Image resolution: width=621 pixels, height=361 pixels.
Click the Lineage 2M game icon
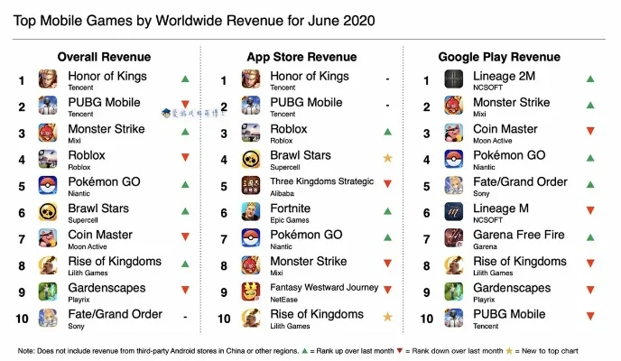(453, 80)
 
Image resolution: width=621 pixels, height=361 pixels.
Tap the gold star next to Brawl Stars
(387, 159)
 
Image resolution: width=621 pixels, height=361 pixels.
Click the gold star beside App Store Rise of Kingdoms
(387, 318)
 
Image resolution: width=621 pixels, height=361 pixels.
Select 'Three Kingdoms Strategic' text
(321, 182)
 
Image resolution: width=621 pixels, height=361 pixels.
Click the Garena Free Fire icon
(453, 238)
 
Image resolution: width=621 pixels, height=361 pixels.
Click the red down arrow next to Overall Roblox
(185, 159)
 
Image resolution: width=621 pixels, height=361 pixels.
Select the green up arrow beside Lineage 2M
(589, 79)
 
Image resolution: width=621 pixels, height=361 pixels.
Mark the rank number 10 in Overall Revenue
(21, 318)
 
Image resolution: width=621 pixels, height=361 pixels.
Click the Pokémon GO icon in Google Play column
(453, 160)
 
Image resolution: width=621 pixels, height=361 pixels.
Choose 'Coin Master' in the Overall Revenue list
(100, 235)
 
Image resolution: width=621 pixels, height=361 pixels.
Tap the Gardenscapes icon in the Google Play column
(453, 292)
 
